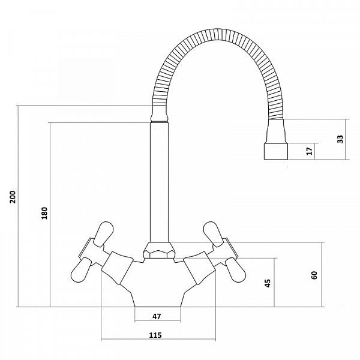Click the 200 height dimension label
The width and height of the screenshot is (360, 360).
coord(13,197)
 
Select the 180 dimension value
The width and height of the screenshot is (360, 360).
coord(44,213)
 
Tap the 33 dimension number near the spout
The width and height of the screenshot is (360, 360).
coord(340,139)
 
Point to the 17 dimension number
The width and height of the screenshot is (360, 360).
coord(310,151)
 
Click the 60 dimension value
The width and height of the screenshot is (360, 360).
coord(314,275)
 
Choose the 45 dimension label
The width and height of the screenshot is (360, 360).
coord(268,283)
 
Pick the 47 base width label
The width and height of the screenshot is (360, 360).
coord(157,316)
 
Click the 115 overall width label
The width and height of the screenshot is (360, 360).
coord(155,335)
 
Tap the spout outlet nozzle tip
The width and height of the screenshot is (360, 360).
coord(276,151)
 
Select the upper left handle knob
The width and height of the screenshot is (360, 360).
coord(103,234)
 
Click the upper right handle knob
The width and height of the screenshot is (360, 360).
coord(214,233)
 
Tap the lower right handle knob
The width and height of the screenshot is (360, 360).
coord(235,270)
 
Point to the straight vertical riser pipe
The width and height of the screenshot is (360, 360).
coord(160,182)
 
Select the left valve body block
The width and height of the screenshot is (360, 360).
coord(118,268)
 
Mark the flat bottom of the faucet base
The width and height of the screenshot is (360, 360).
coord(158,307)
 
